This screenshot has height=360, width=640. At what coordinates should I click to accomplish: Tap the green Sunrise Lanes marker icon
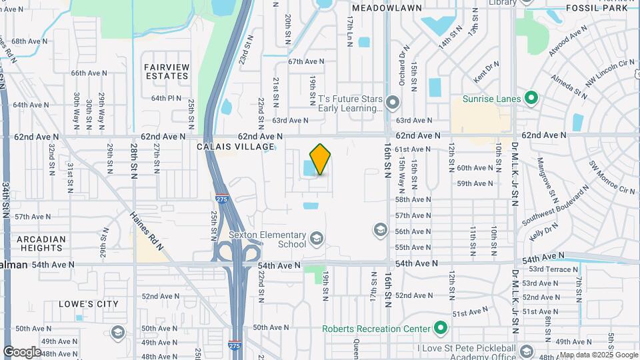coord(531,99)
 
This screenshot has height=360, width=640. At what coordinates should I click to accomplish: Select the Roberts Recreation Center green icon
coord(440,328)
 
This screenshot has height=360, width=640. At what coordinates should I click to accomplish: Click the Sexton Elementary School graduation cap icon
coord(317,238)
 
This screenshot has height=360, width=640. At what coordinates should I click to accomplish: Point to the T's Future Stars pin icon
coord(392,103)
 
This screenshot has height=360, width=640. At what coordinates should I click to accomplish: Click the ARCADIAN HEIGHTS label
coord(41,243)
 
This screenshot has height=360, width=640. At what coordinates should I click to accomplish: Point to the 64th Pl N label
coord(166,98)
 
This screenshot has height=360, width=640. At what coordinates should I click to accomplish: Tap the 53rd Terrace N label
coord(553,269)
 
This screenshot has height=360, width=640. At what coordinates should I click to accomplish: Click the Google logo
coord(23,351)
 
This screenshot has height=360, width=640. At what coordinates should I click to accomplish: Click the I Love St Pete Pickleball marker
coord(527,351)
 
